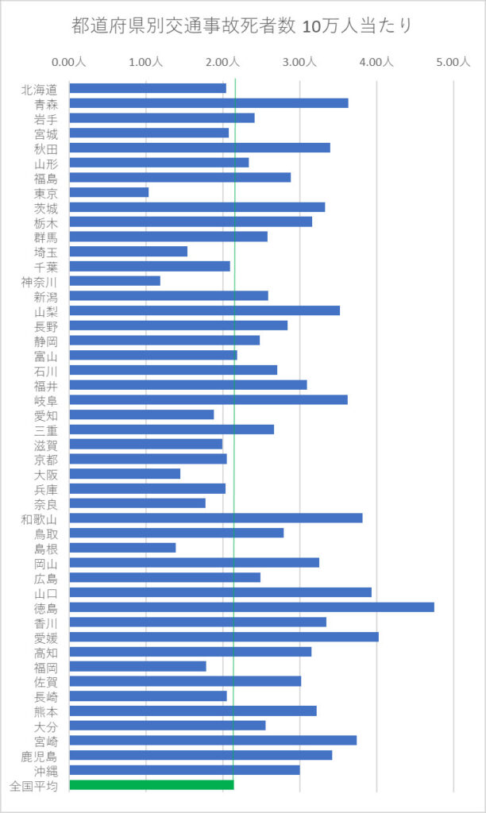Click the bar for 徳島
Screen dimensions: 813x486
click(x=252, y=607)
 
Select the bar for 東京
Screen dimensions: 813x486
click(x=110, y=192)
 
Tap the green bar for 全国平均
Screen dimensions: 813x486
click(x=152, y=785)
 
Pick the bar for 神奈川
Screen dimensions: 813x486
click(x=115, y=281)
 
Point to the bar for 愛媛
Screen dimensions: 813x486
click(x=224, y=637)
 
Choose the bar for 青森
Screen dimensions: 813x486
click(x=209, y=103)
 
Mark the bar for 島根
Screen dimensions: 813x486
click(x=123, y=548)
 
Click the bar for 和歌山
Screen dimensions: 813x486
click(x=216, y=518)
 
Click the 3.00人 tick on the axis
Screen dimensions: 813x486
click(x=299, y=62)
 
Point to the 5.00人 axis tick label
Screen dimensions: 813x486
click(x=453, y=62)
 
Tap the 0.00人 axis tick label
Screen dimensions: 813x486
click(x=69, y=62)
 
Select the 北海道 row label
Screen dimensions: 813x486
click(x=40, y=89)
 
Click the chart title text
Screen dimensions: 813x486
click(x=242, y=27)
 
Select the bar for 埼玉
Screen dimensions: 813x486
click(x=129, y=252)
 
